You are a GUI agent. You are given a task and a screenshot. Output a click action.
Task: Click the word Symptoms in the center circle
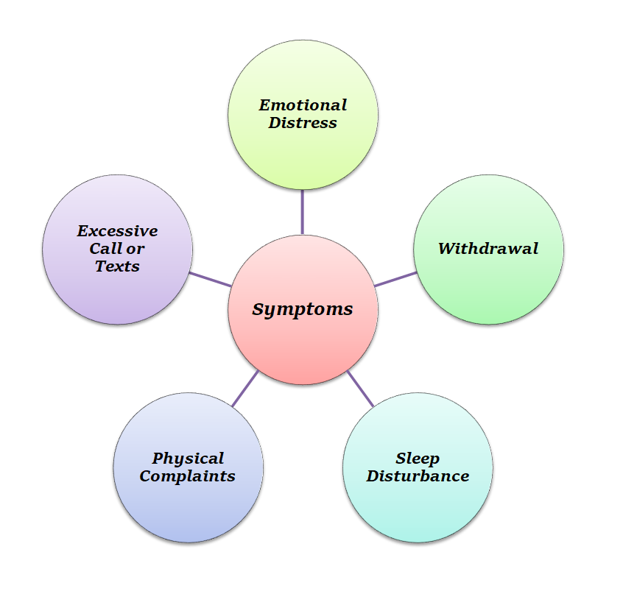[303, 310]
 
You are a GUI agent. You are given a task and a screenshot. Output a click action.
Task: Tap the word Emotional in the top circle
[303, 105]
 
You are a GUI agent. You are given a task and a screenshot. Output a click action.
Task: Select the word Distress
[303, 123]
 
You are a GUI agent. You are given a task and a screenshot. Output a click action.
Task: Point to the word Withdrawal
[488, 249]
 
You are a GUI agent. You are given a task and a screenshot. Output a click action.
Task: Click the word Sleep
[418, 459]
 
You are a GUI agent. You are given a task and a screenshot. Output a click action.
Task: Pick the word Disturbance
[418, 476]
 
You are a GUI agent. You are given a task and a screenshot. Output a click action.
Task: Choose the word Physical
[188, 459]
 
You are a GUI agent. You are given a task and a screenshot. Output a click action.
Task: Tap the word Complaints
[188, 476]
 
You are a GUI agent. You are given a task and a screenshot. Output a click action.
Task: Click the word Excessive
[118, 231]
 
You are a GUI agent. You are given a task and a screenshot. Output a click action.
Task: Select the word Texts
[118, 266]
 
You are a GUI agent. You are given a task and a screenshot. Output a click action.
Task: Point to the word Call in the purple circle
[105, 249]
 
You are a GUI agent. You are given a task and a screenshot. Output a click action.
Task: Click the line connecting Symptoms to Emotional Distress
[303, 212]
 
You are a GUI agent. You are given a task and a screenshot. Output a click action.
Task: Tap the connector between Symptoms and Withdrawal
[395, 279]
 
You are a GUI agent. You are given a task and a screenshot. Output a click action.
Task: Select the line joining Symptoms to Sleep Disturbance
[360, 388]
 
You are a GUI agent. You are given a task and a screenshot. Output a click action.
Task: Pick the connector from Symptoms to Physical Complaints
[245, 388]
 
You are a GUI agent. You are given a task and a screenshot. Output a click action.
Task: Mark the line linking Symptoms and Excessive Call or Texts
[211, 279]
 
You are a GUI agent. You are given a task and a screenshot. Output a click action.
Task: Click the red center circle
[303, 346]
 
